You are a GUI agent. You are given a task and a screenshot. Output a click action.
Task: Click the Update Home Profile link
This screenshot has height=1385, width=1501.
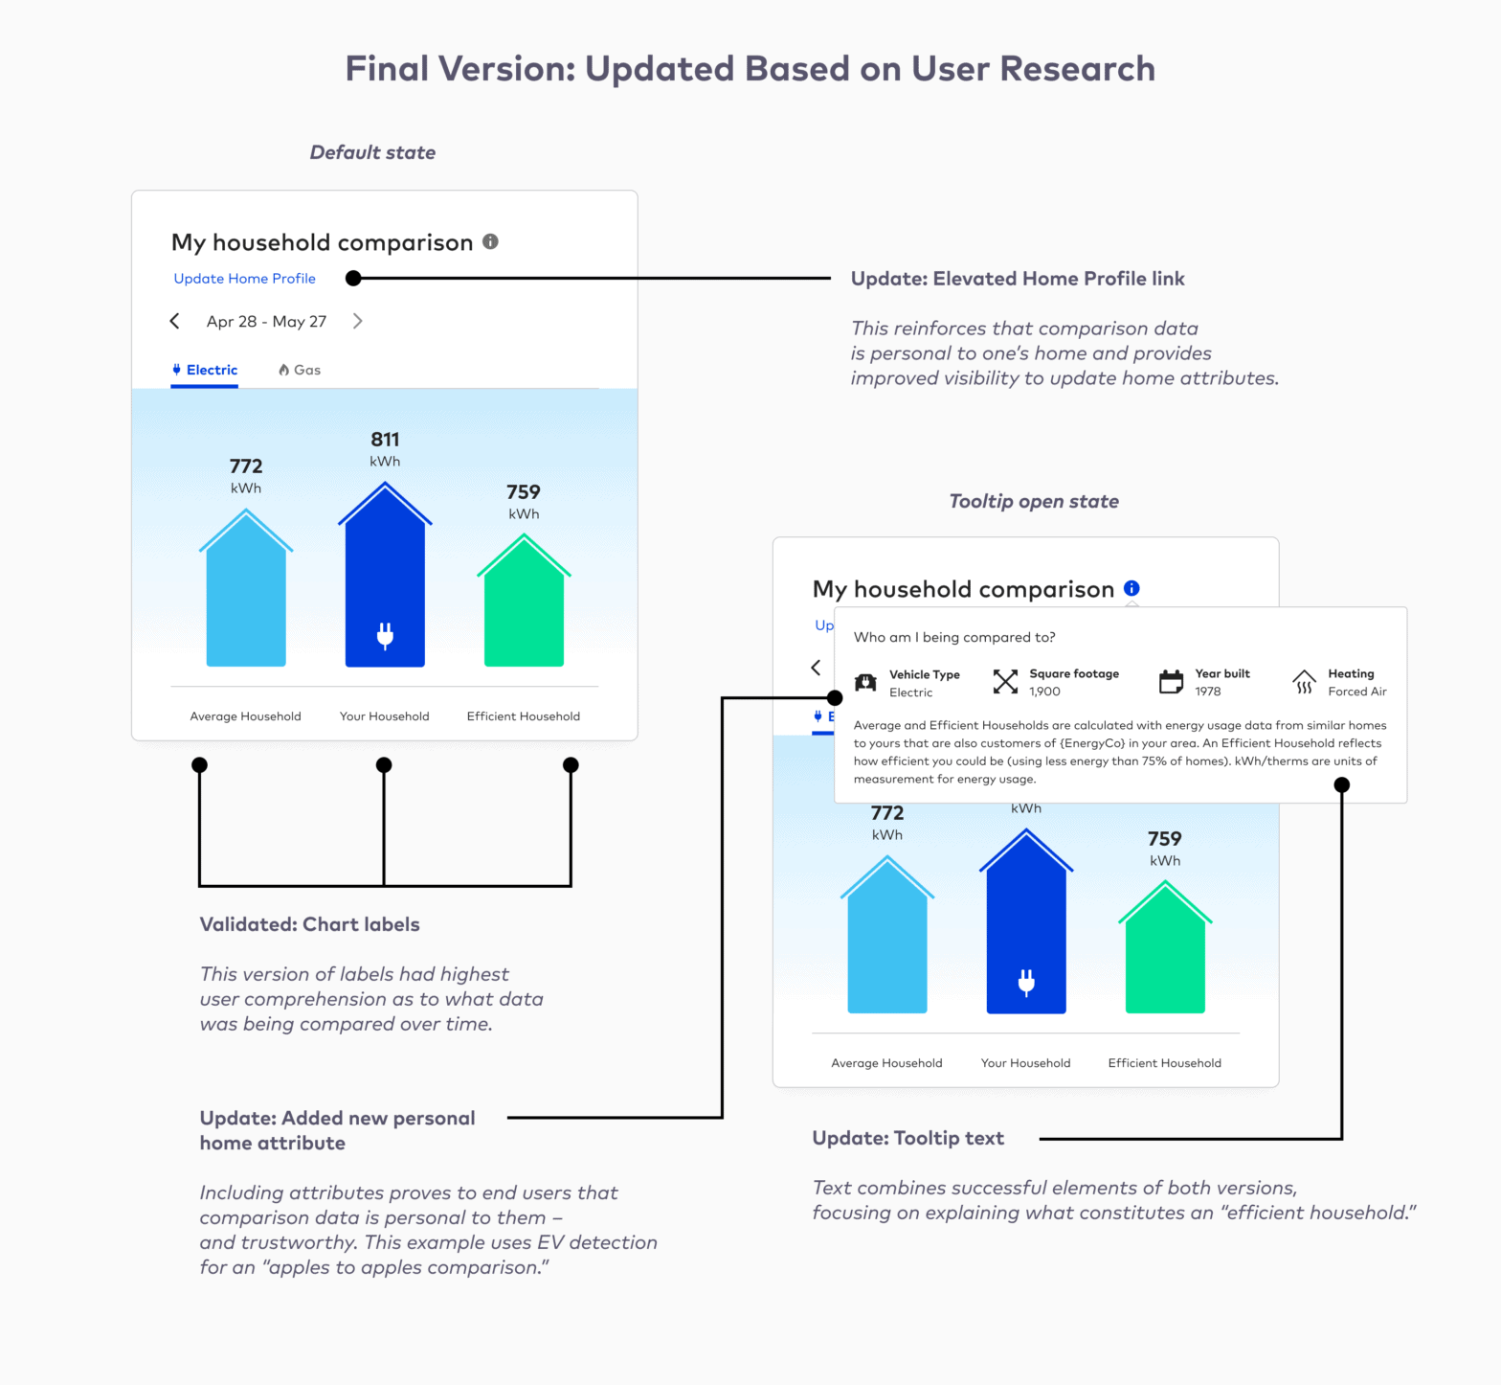pos(244,279)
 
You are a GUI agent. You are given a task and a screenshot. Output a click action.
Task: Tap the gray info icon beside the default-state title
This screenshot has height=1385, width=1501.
pos(490,241)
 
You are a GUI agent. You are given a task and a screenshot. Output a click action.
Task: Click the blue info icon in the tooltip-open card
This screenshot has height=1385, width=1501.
pos(1131,588)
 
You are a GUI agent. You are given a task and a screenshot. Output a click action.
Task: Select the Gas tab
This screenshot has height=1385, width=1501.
pos(300,370)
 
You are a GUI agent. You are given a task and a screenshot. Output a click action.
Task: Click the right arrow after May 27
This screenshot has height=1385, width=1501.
pos(357,321)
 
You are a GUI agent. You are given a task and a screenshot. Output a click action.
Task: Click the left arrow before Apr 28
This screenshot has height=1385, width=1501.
pos(174,321)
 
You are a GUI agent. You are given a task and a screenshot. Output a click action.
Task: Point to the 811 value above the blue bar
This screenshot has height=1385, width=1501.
pos(385,440)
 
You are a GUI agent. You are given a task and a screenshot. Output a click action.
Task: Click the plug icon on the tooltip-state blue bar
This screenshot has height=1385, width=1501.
pos(1026,982)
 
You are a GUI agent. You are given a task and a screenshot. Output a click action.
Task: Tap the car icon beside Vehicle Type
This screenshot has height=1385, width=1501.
pos(865,682)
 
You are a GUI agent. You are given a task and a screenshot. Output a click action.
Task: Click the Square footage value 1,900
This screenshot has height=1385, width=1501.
pos(1044,692)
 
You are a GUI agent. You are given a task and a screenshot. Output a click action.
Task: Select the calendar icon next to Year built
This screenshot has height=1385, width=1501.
pos(1171,681)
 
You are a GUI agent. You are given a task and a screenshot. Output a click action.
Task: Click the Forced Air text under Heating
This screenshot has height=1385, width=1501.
pos(1356,692)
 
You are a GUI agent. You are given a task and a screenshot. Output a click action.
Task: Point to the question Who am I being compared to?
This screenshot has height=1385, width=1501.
pos(954,637)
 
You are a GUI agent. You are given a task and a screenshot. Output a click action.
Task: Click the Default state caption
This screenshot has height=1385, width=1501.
pos(372,152)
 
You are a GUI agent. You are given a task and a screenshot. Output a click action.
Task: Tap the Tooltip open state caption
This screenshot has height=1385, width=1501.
pos(1034,501)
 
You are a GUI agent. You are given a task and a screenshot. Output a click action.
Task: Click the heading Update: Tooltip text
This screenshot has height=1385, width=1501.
pos(907,1138)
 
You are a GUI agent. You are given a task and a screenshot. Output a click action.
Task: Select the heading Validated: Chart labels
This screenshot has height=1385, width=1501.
pos(309,924)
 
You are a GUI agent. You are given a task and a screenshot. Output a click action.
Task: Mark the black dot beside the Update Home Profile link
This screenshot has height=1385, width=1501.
pos(353,279)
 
